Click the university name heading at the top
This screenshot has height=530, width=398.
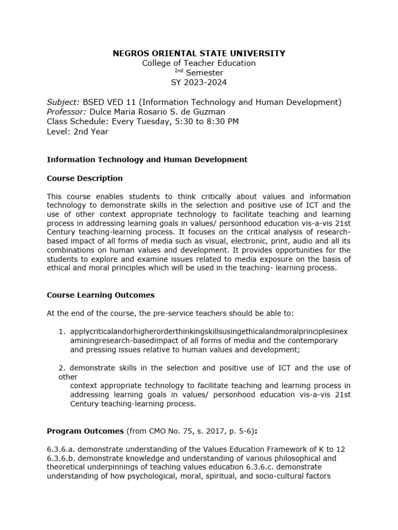tap(199, 53)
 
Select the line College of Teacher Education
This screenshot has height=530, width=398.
tap(199, 63)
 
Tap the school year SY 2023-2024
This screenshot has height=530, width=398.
tap(199, 82)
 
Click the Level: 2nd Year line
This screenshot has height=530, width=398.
tap(78, 131)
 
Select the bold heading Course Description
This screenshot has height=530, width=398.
tap(84, 179)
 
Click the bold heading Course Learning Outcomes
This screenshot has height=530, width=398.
tap(101, 296)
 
